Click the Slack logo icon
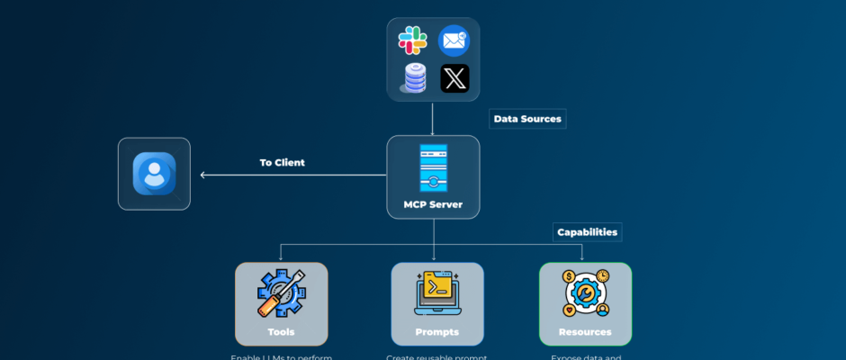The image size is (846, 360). coord(413,41)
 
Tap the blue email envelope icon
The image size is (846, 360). coord(454,41)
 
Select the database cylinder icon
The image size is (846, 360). coord(413,78)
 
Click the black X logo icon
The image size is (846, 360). coord(454,78)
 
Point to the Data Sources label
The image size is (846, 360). coord(527,119)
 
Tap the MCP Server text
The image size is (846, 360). coord(433,204)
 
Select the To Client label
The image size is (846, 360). coord(283,163)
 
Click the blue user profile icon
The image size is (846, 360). coord(154,174)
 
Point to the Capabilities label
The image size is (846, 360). coord(587,232)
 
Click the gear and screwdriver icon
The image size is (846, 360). coord(281,293)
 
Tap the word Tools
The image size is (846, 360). coord(281,332)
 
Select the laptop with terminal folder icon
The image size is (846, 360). coord(437,293)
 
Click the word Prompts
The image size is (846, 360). coord(437,332)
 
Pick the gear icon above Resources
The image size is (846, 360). coord(585,293)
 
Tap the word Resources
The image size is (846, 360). coord(585,332)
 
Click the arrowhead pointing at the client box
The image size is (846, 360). coord(203,175)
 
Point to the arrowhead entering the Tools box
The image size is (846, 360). coord(281,258)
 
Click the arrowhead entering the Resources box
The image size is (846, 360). coord(581,258)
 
